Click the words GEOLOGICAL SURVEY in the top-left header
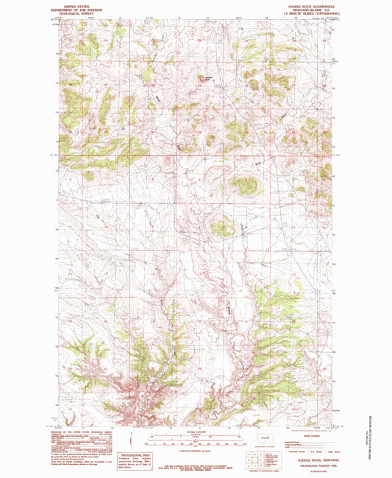tap(79, 13)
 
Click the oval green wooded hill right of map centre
tap(242, 186)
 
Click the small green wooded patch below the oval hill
tap(221, 229)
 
